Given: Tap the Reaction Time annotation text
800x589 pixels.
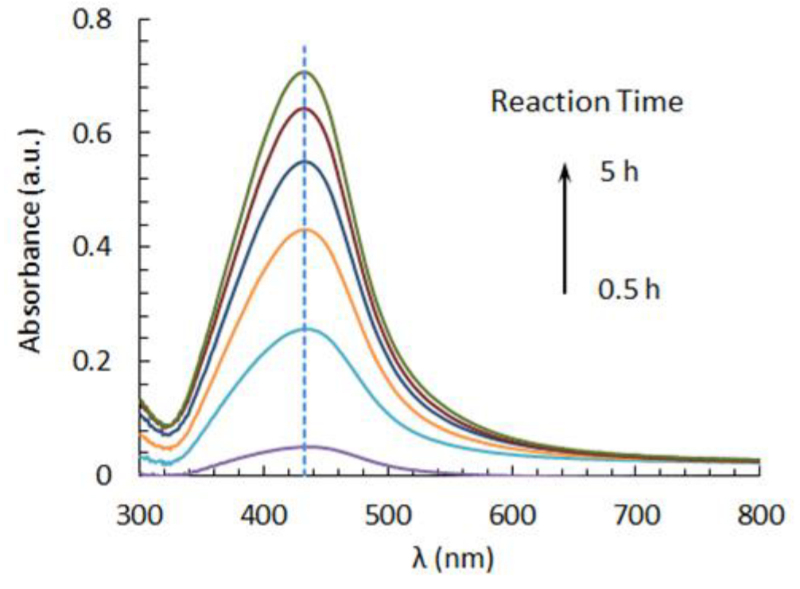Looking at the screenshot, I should coord(586,102).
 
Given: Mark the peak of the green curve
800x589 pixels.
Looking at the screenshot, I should coord(304,72).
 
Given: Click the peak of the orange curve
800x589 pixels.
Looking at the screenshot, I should coord(305,229).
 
